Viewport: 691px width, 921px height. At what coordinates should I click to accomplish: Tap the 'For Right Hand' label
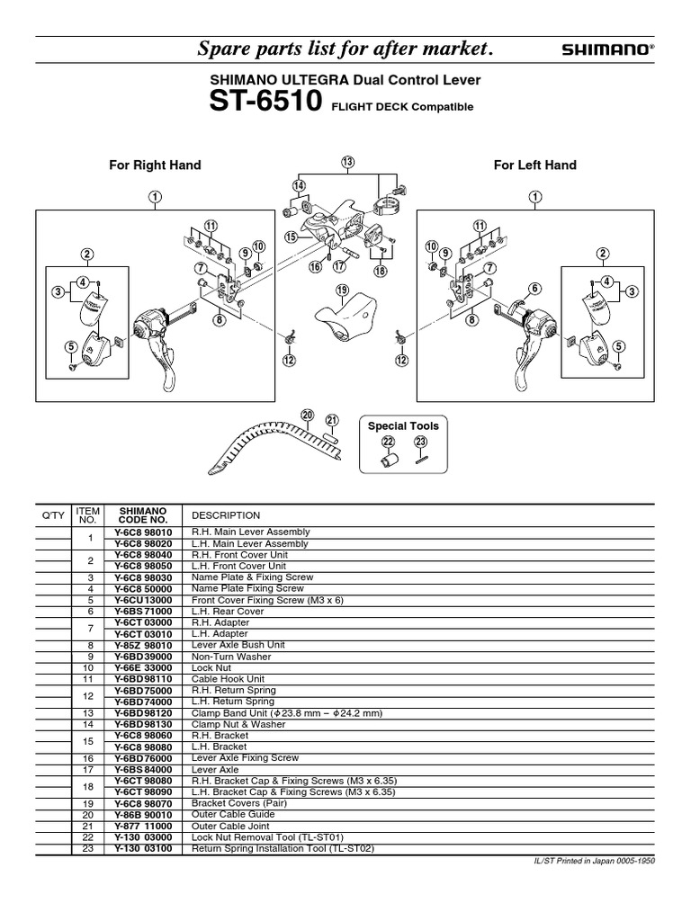[155, 165]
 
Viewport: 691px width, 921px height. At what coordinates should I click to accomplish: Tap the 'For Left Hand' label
[534, 165]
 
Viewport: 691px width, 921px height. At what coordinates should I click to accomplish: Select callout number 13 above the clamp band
[348, 162]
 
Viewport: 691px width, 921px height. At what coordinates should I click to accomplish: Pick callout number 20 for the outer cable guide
[307, 415]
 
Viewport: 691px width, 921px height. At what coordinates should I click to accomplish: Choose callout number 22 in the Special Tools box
[388, 442]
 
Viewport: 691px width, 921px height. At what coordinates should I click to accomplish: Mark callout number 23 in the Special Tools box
[420, 442]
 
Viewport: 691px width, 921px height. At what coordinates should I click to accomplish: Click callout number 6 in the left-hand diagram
[534, 288]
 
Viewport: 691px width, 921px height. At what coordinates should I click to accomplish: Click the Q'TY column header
[53, 515]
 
